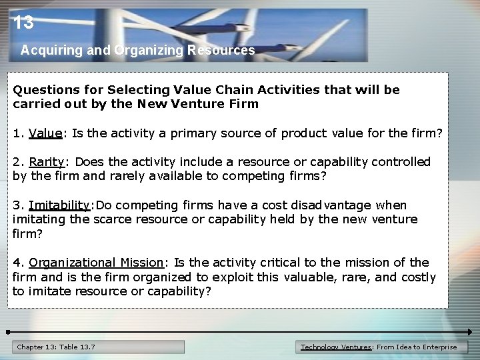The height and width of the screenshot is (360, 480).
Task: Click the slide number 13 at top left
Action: [x=23, y=23]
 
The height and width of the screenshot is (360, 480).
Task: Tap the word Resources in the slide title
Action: [x=221, y=50]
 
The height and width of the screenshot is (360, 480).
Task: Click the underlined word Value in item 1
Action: [x=45, y=133]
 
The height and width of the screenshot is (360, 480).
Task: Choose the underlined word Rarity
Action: [x=46, y=162]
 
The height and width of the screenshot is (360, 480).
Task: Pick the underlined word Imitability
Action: [x=59, y=205]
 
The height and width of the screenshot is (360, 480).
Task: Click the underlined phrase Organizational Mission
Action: [x=96, y=263]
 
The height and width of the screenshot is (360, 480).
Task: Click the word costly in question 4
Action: [x=417, y=277]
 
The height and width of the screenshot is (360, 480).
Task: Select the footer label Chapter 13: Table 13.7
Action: [x=56, y=347]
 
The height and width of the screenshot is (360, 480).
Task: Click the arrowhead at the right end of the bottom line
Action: [x=469, y=331]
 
